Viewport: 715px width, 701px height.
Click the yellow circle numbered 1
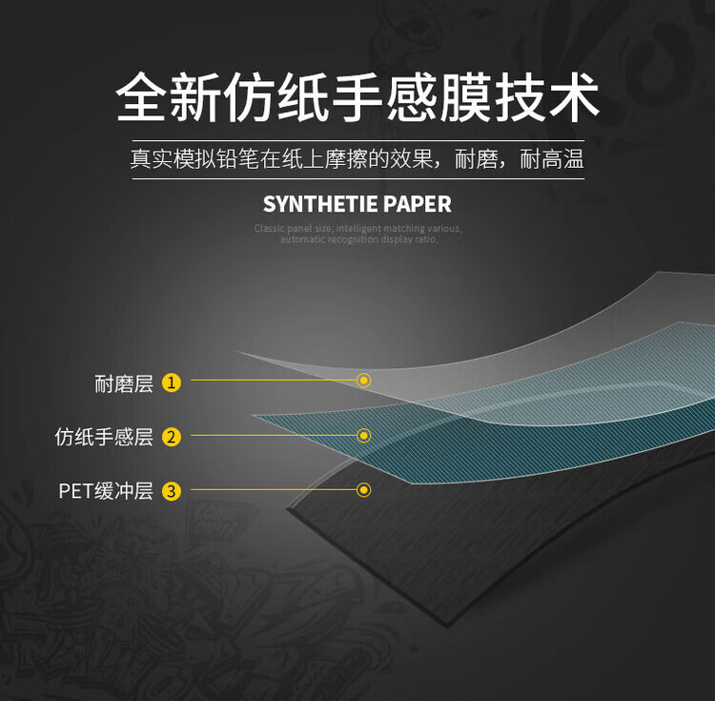[x=172, y=382]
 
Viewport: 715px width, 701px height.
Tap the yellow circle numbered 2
[x=172, y=437]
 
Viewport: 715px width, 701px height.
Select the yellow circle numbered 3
[x=172, y=491]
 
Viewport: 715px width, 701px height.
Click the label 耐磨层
[x=124, y=383]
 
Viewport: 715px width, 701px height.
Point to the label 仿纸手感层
[x=104, y=438]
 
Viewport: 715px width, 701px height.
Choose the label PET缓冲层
[x=106, y=492]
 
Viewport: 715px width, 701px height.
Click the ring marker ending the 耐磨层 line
[x=363, y=381]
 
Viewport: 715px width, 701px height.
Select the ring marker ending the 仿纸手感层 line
[x=363, y=436]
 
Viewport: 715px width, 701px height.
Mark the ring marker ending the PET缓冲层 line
[x=363, y=490]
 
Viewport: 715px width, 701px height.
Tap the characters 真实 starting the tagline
[x=152, y=159]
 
